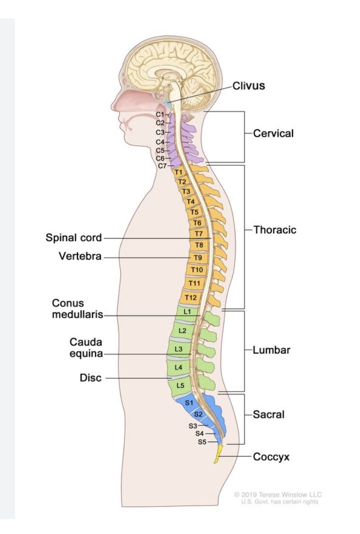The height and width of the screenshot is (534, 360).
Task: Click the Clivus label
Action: [x=248, y=86]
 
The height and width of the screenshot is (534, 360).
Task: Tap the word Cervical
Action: [x=273, y=134]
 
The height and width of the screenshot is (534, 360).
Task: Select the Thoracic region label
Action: [x=275, y=230]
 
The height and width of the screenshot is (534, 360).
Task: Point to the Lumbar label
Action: [x=271, y=350]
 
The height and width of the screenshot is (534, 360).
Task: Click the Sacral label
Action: [x=268, y=415]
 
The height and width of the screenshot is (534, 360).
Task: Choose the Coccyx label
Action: [x=271, y=457]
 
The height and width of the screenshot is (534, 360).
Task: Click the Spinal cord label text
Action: [x=74, y=237]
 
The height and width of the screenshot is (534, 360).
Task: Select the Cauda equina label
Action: [x=86, y=348]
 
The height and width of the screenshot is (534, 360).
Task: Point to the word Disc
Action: [x=90, y=378]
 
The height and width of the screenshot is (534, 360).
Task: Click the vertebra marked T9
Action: [x=198, y=258]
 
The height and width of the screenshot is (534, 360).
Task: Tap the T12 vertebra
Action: [x=190, y=298]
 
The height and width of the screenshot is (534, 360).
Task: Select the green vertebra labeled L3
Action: [x=178, y=348]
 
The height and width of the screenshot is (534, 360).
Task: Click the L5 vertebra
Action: [x=180, y=386]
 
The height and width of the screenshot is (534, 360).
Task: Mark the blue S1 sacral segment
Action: [x=189, y=402]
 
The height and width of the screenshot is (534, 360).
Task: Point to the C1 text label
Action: [x=160, y=114]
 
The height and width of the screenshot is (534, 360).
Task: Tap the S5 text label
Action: [x=202, y=442]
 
